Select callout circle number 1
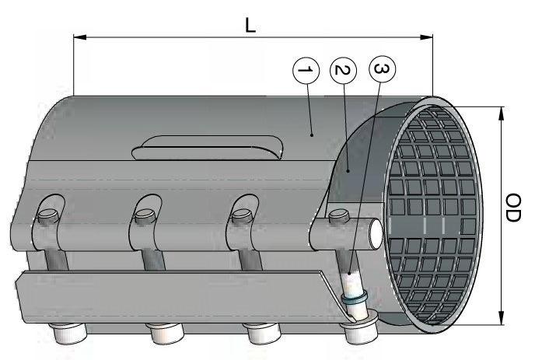[306, 72]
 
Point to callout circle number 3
[379, 70]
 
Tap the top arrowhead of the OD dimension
[501, 111]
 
